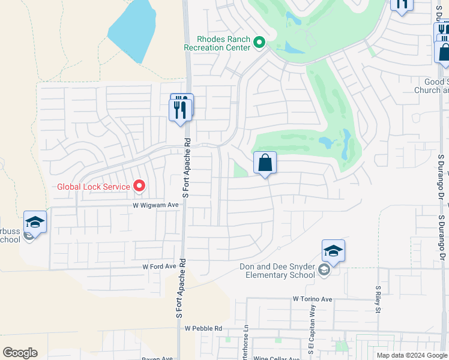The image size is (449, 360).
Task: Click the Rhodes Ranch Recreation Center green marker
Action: (259, 42)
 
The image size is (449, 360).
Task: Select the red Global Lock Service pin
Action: (140, 186)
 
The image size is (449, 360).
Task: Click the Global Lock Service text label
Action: (93, 187)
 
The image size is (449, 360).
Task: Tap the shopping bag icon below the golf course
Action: (265, 163)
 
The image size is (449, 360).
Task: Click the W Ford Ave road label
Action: (159, 266)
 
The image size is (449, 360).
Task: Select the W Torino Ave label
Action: (312, 299)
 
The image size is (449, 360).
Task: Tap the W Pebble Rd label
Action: (203, 328)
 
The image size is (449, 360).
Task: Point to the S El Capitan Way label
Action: (312, 339)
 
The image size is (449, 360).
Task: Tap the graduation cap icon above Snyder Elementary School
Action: (333, 250)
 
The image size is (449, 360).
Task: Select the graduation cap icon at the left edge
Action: (35, 222)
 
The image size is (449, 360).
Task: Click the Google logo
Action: (20, 353)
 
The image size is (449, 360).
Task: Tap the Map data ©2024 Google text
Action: (411, 355)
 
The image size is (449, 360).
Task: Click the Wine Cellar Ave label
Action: (277, 358)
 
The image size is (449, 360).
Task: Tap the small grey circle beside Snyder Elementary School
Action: (324, 271)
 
